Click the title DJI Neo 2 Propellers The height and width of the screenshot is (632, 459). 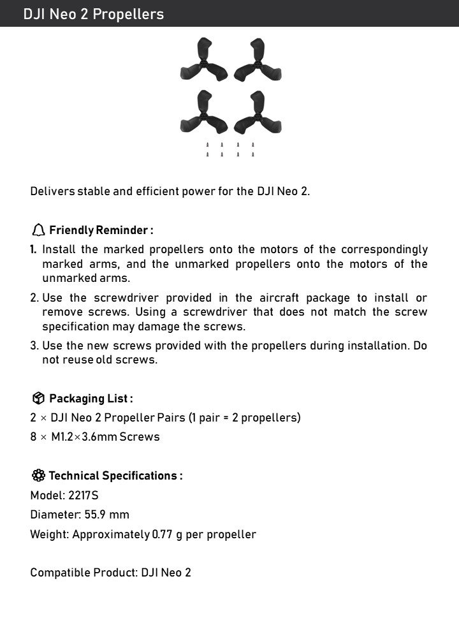point(93,14)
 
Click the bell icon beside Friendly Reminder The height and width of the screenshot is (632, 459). point(38,230)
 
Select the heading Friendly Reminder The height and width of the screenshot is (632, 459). point(101,230)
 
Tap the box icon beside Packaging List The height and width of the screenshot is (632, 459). point(38,399)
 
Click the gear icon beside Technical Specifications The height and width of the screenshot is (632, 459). point(38,476)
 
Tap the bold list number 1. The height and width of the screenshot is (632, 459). point(33,249)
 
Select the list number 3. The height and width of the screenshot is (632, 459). point(34,346)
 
